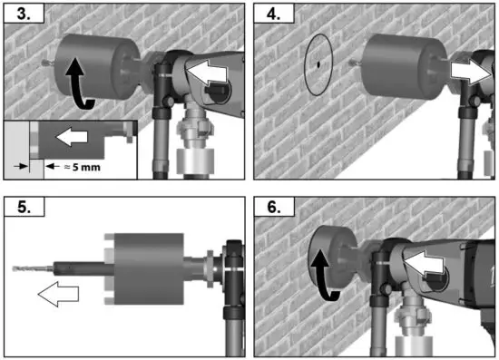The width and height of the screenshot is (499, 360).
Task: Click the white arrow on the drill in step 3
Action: coord(207,77)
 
